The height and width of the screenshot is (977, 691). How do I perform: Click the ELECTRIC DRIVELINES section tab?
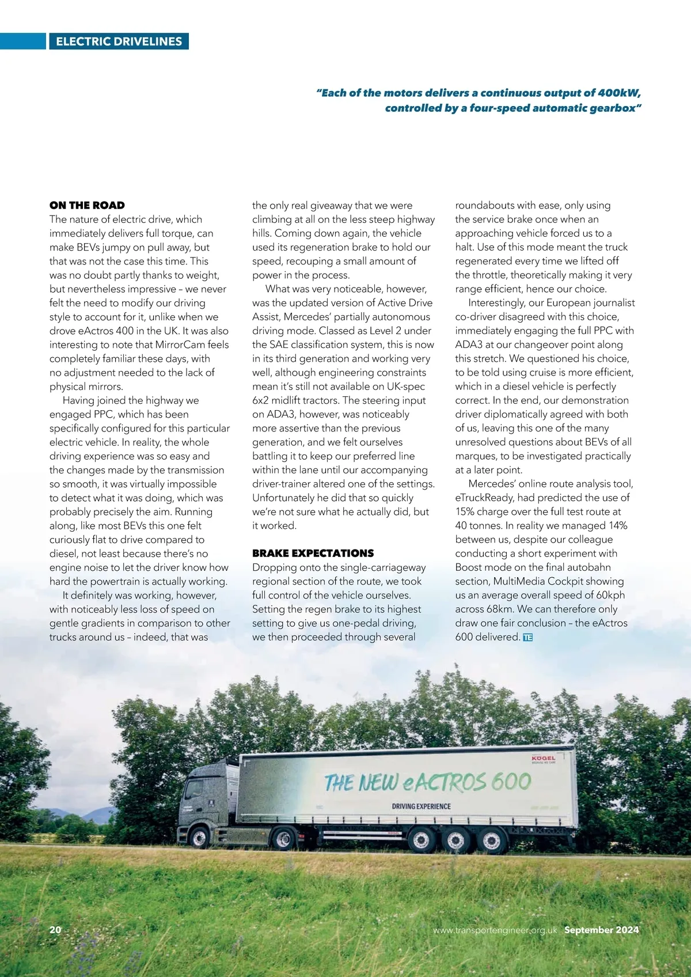119,41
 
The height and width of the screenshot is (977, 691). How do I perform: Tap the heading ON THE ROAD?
87,205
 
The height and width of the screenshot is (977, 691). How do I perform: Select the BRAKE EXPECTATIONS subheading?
313,553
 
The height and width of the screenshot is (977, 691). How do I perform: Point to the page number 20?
55,930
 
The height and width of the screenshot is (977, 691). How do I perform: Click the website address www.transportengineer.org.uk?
495,930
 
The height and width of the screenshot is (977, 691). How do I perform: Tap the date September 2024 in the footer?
601,930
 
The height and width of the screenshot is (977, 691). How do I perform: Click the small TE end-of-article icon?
528,637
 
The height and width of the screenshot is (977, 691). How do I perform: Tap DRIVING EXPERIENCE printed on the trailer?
421,806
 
